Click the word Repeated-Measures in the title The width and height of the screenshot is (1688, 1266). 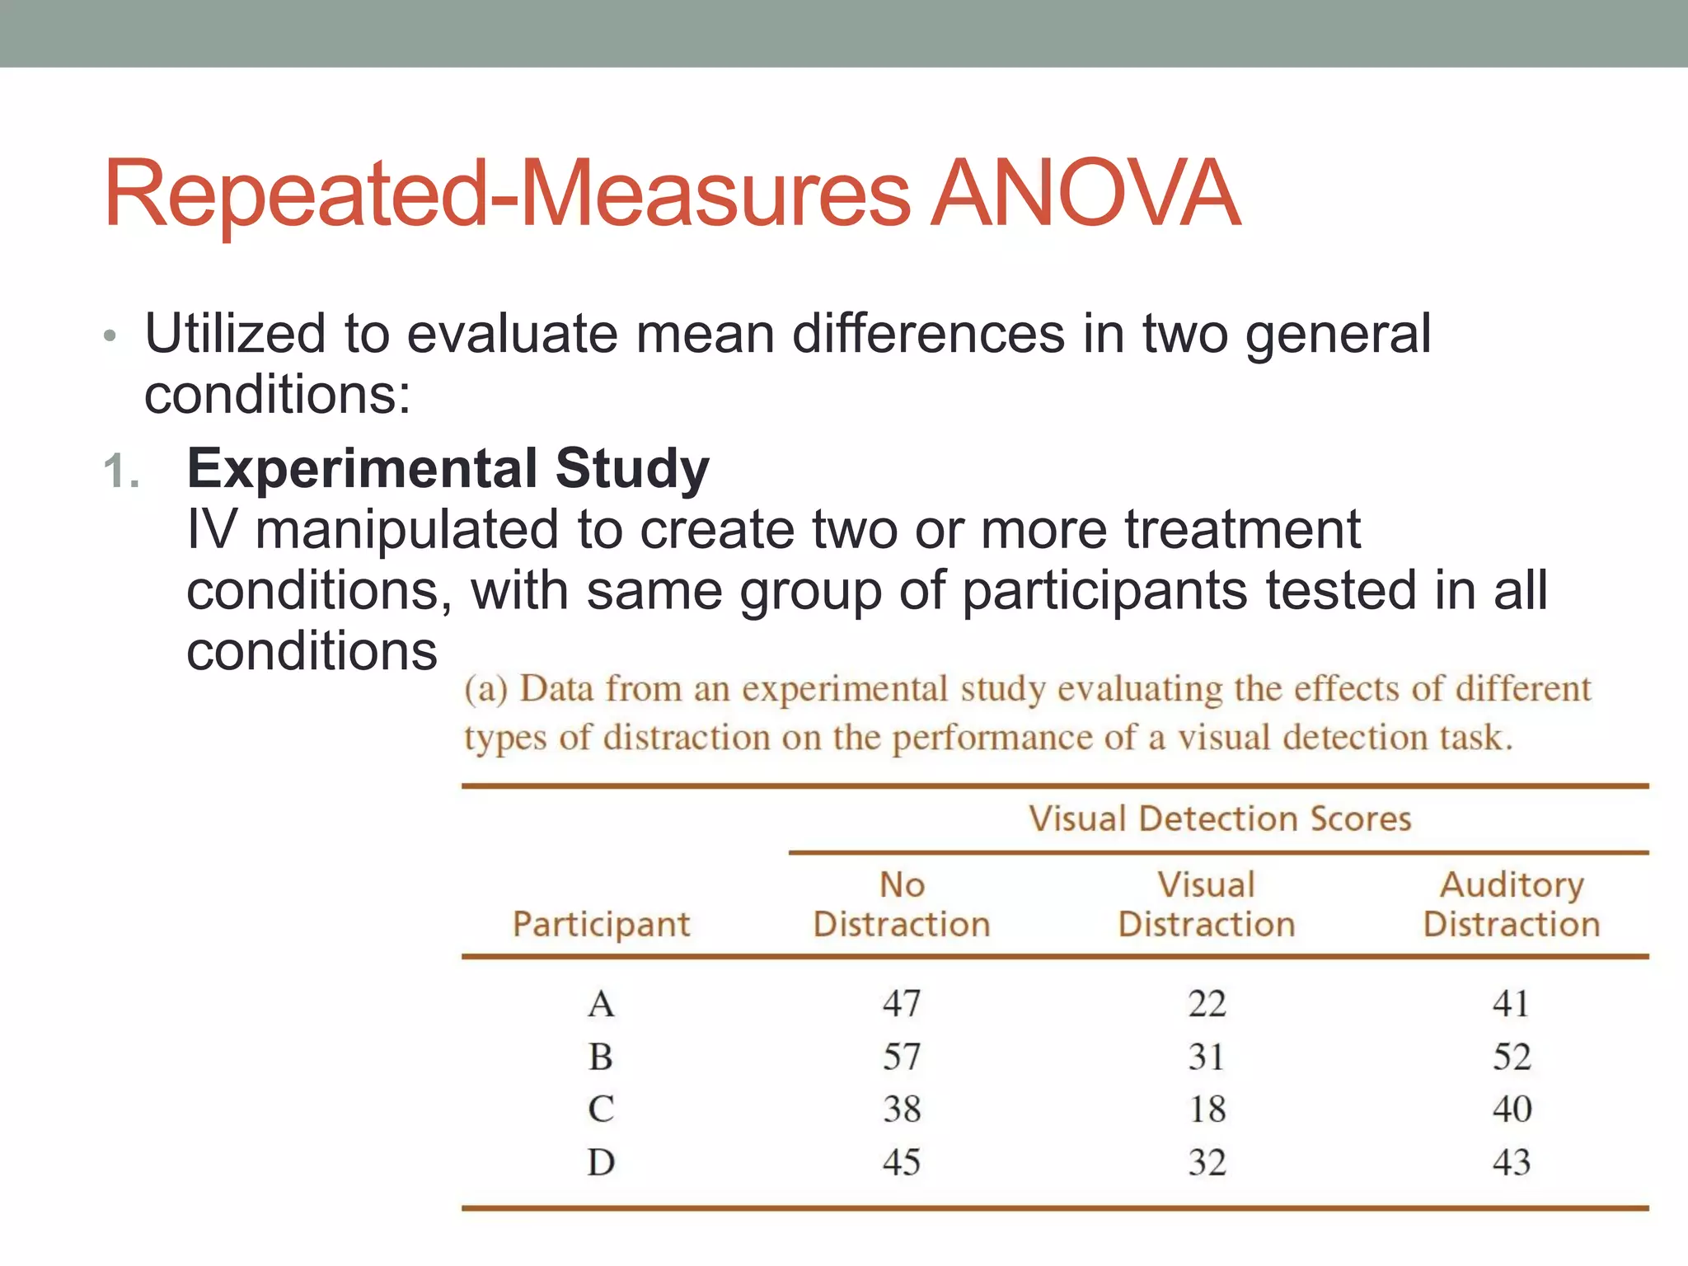[x=508, y=195]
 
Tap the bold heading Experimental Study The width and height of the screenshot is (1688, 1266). [x=448, y=468]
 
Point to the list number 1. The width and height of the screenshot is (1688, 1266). [x=121, y=472]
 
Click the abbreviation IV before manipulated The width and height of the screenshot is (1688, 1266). [x=211, y=529]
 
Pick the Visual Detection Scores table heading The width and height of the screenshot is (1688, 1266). [x=1220, y=818]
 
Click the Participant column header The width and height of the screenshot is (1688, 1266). [x=601, y=924]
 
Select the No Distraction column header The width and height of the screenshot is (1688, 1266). [x=902, y=904]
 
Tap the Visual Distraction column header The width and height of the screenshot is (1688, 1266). [x=1207, y=904]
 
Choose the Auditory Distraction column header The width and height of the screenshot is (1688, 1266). [x=1512, y=904]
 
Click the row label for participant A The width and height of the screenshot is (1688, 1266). [x=601, y=1004]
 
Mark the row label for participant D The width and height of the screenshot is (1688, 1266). [x=601, y=1162]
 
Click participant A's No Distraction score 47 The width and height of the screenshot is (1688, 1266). [x=902, y=1004]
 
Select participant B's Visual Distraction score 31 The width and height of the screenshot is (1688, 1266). [x=1207, y=1057]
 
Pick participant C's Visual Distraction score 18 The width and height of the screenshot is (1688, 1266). [x=1207, y=1109]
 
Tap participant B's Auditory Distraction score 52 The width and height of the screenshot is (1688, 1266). [x=1512, y=1057]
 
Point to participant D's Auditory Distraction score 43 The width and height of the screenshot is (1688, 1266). [x=1512, y=1162]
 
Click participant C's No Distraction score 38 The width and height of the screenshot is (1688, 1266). [x=902, y=1109]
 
